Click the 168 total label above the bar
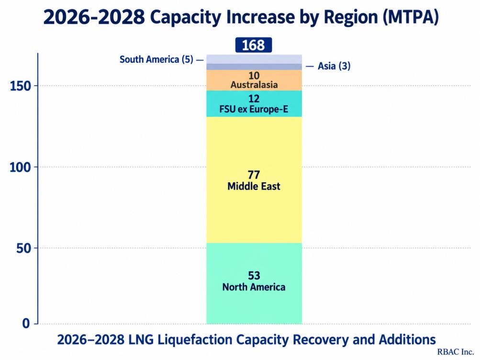[254, 45]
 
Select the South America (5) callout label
[156, 59]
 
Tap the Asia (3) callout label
[334, 66]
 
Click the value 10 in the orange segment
[254, 75]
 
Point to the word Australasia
[254, 85]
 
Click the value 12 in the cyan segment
[254, 99]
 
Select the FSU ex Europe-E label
[254, 109]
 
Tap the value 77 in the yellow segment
[254, 175]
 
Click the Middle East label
[254, 186]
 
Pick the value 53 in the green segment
[254, 276]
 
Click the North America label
[254, 287]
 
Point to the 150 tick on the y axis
[21, 86]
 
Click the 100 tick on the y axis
[21, 167]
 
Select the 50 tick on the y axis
[24, 248]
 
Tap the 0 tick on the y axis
[26, 324]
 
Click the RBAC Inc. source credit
[456, 352]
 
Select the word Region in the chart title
[350, 17]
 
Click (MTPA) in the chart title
[411, 17]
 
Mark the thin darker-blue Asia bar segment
[254, 67]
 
